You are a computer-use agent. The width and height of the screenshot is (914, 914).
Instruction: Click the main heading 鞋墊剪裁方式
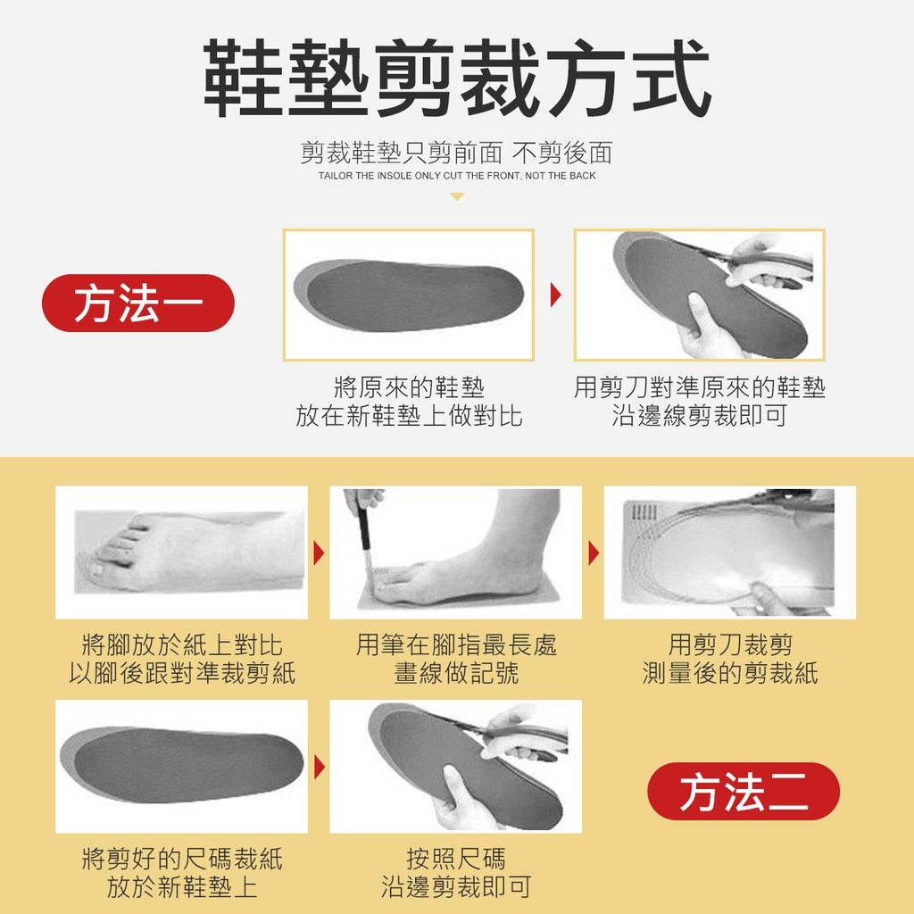456,79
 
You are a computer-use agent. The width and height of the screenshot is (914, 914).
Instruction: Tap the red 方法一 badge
138,303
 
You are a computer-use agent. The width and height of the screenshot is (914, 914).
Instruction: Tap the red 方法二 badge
744,791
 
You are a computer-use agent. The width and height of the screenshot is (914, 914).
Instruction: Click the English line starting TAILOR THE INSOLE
457,176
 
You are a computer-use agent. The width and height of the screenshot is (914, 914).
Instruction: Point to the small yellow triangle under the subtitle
457,197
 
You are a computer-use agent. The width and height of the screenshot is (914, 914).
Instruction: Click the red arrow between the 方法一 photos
555,295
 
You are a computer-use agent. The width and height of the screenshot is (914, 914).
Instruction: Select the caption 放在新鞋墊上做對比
409,416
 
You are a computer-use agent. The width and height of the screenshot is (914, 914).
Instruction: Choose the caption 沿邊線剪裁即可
700,416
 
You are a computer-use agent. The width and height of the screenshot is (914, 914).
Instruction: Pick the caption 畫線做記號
456,673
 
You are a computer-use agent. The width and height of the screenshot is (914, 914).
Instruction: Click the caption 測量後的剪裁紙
730,673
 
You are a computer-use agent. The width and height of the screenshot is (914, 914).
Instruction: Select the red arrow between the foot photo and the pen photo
319,553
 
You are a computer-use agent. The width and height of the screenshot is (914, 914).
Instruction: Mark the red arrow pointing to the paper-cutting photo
594,553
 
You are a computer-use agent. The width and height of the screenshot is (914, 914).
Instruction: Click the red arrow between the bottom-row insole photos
319,767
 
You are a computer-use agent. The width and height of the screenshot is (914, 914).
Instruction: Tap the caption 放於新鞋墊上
182,887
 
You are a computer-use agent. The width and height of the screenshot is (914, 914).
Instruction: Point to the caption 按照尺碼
456,859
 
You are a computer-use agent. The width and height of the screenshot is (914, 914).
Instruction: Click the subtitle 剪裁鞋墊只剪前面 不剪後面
456,153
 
